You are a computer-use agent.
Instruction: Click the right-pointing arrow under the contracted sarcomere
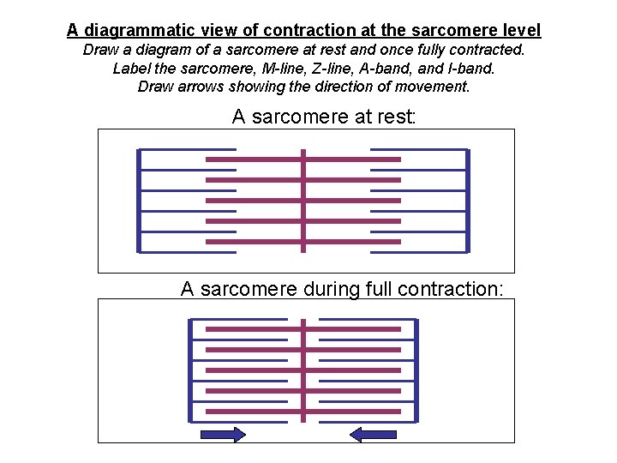pos(222,435)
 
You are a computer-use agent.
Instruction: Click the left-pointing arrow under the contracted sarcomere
pos(373,435)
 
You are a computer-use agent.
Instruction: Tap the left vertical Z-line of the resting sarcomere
pos(139,201)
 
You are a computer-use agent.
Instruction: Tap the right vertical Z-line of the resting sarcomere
pos(468,201)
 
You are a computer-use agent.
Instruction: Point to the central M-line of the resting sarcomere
pos(303,201)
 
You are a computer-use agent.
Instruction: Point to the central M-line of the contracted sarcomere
pos(303,370)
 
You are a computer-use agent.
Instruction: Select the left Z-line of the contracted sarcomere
pos(190,370)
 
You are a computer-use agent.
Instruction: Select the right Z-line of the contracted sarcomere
pos(416,370)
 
